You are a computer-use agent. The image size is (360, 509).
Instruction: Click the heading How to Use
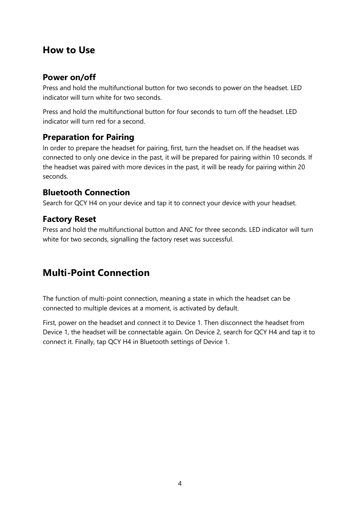click(69, 50)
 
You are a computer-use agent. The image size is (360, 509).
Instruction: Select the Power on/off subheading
click(69, 77)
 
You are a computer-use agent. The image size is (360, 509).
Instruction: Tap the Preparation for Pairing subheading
click(88, 137)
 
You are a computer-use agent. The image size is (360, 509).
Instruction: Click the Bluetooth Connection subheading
click(86, 193)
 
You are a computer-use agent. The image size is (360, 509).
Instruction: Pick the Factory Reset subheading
click(69, 219)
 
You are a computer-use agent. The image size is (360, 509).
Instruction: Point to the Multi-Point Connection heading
click(96, 273)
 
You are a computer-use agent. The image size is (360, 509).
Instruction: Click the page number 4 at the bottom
click(180, 484)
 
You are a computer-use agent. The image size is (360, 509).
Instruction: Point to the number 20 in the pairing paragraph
click(301, 167)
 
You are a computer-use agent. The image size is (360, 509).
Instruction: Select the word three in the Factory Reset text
click(212, 230)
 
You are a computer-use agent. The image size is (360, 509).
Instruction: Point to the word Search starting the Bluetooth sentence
click(53, 203)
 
